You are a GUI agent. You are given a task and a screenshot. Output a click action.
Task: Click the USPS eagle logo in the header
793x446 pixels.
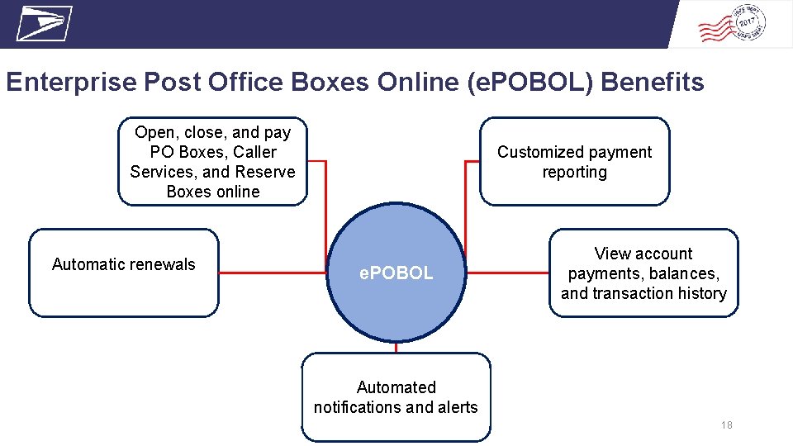(44, 23)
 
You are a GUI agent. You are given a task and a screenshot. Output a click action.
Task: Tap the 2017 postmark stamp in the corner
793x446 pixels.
(733, 26)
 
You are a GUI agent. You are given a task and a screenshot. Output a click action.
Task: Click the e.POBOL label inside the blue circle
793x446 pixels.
(396, 273)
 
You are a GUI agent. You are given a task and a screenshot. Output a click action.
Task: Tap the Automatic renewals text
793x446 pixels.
(124, 264)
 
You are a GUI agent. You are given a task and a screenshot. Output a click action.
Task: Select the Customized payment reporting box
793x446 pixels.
(574, 162)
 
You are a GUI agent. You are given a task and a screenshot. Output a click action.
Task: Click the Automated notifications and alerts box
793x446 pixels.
(396, 396)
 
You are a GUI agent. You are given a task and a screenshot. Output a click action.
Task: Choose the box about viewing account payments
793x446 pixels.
(643, 273)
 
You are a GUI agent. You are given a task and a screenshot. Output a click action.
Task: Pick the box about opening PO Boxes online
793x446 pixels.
(212, 162)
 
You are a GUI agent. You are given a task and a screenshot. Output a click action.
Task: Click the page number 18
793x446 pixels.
(726, 425)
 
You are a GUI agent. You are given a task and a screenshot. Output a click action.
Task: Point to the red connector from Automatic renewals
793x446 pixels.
(273, 273)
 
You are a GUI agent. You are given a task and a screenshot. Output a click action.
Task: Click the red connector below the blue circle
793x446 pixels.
(396, 348)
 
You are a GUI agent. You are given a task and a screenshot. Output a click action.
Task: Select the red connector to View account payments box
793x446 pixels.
(508, 273)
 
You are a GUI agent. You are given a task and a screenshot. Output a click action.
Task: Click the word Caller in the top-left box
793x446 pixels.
(255, 152)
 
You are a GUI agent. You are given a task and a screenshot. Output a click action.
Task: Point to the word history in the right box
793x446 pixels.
(699, 293)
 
